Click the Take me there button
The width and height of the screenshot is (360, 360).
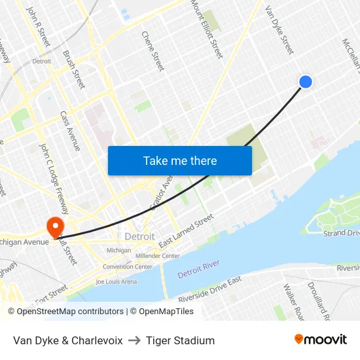180,160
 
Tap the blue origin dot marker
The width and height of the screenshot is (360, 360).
305,81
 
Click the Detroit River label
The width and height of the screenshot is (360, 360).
198,268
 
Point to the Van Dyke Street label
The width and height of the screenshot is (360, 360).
279,30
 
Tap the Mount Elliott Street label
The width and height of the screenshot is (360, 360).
206,28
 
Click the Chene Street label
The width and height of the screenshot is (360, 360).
153,50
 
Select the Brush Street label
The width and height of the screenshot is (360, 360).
74,69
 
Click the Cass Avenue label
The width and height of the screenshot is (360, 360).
70,130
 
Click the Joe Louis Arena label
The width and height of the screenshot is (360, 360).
116,281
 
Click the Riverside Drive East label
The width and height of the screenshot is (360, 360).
210,289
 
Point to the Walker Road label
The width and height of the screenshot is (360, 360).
294,301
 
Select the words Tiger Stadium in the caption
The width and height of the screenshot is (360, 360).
180,340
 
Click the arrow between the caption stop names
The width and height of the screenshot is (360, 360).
134,340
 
